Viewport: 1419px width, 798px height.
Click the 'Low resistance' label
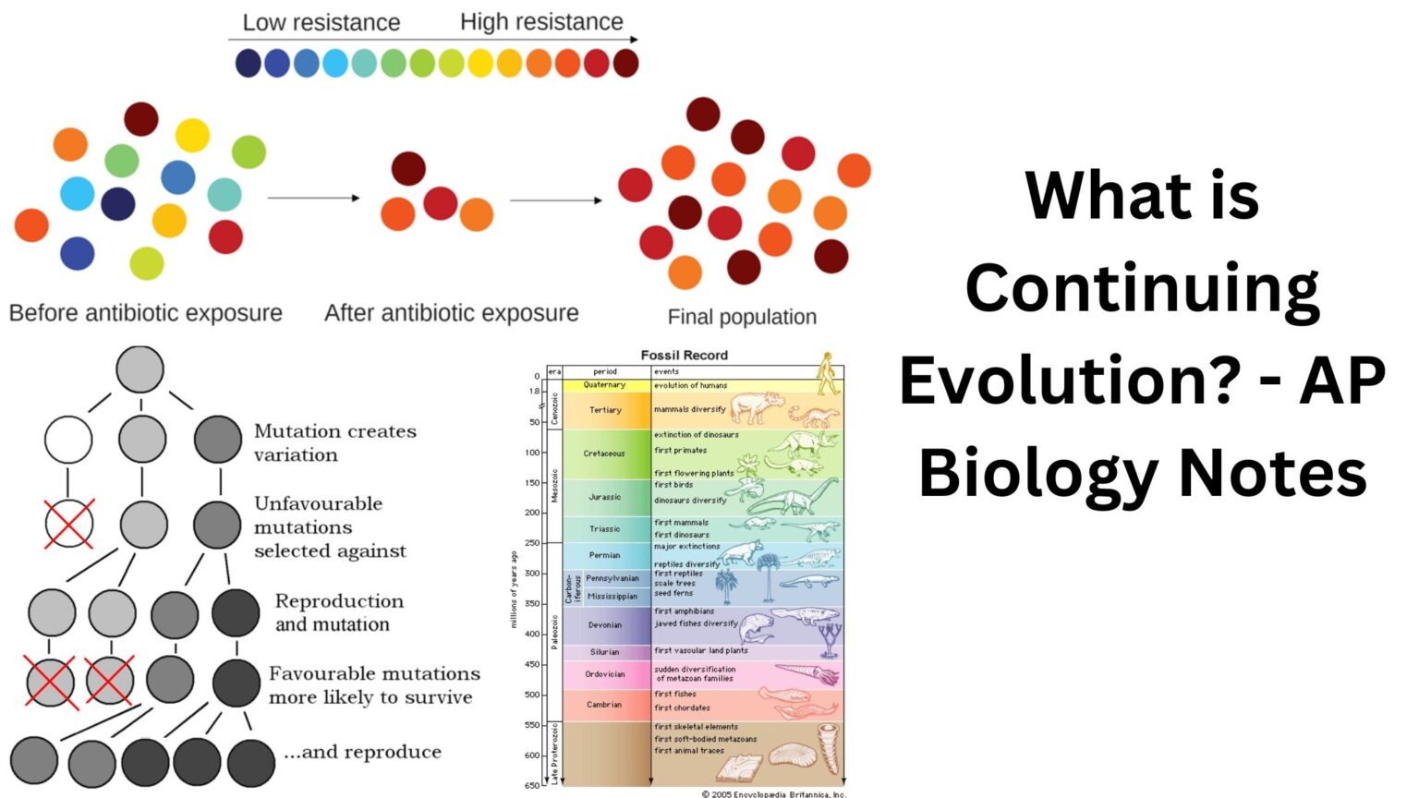click(x=321, y=22)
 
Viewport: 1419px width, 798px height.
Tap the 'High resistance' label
click(x=541, y=21)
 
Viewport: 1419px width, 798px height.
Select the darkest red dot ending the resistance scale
click(x=625, y=63)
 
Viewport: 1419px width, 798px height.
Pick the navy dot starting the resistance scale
click(x=248, y=63)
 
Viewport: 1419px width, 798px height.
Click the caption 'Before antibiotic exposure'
click(x=146, y=313)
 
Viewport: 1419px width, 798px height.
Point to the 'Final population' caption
click(x=742, y=317)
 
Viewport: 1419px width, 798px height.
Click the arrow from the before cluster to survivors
click(x=313, y=198)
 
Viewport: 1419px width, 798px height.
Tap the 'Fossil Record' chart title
click(x=684, y=355)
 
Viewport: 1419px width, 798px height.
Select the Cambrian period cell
click(x=605, y=705)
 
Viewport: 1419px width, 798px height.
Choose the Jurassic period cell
click(x=605, y=497)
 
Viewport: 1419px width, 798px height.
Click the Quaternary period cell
click(x=605, y=385)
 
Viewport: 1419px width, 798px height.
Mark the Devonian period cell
click(x=605, y=625)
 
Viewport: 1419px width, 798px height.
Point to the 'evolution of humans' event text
click(x=690, y=385)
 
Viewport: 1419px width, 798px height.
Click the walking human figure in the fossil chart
click(x=828, y=373)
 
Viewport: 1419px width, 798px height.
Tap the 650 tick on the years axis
click(x=532, y=785)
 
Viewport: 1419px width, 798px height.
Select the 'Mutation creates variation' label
click(x=334, y=442)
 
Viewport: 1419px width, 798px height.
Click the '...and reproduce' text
click(x=362, y=752)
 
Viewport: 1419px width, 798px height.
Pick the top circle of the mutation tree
click(x=140, y=369)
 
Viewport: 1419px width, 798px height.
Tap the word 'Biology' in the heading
click(x=1039, y=472)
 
